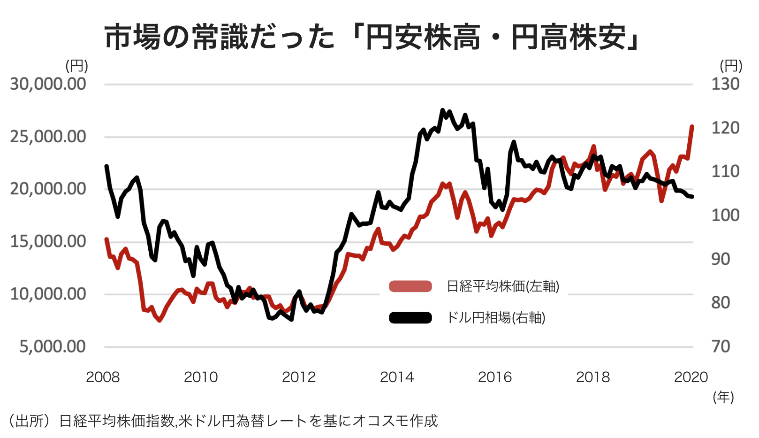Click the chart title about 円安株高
coord(372,37)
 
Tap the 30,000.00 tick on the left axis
coord(48,84)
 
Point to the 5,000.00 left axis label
coord(53,346)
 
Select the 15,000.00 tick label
coord(48,241)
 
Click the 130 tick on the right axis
coord(725,84)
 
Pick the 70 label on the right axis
coord(721,346)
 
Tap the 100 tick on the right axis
coord(725,215)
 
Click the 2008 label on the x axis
coord(103,377)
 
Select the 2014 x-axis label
coord(397,377)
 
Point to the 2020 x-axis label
coord(691,377)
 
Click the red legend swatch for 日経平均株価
coord(410,286)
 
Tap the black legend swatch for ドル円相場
coord(410,318)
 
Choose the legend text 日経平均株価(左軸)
coord(502,286)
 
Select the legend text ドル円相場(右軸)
coord(496,318)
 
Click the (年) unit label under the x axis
coord(723,397)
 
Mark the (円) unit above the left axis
coord(76,66)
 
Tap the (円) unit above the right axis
coord(731,66)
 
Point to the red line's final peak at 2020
coord(692,126)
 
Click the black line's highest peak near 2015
coord(442,110)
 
